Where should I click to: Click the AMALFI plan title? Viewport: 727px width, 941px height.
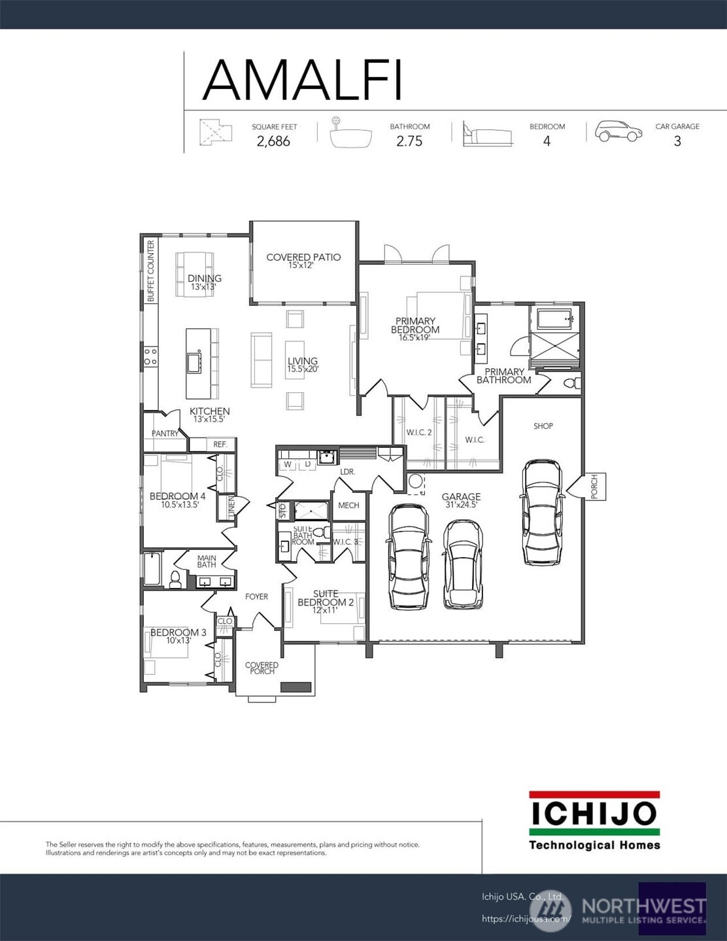click(302, 80)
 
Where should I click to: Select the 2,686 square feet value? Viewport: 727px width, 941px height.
click(273, 141)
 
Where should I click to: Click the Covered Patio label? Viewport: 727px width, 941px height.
click(303, 257)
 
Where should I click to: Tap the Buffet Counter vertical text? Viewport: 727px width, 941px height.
click(151, 271)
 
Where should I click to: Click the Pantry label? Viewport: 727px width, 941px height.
click(165, 434)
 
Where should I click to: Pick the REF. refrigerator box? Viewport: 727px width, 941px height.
click(220, 445)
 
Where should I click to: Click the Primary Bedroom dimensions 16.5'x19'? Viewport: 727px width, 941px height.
click(414, 338)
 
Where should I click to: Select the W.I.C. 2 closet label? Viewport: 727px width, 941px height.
click(419, 432)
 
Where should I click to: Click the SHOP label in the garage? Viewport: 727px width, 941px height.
click(543, 426)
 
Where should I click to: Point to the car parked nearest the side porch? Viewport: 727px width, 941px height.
click(543, 512)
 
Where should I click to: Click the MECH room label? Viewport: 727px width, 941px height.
click(348, 505)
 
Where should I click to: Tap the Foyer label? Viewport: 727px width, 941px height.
click(256, 596)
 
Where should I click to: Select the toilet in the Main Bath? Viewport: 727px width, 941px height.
click(175, 579)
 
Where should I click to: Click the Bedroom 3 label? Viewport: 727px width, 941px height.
click(178, 632)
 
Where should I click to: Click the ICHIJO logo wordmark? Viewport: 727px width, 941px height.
click(594, 813)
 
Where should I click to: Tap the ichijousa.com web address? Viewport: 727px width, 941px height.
click(526, 919)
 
